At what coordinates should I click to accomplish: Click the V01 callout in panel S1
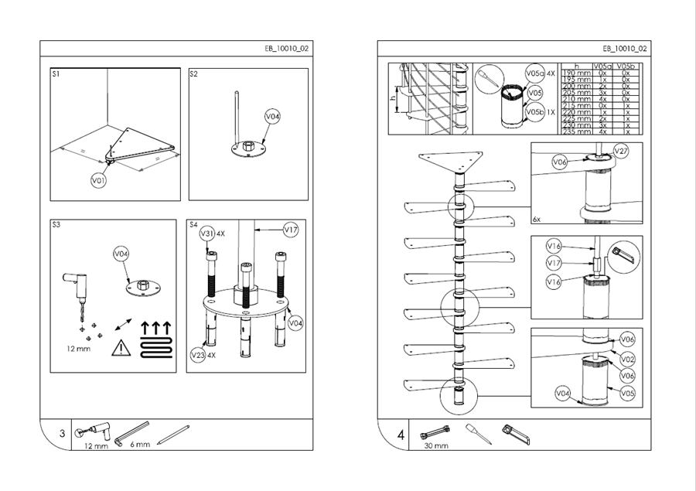(98, 180)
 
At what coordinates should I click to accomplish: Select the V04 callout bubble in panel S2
(272, 117)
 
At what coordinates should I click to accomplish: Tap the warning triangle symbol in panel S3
(121, 347)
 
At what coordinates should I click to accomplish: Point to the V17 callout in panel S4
(291, 229)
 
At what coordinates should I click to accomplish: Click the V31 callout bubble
(207, 233)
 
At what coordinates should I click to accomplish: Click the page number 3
(63, 435)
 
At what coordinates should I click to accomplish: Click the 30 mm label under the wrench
(435, 446)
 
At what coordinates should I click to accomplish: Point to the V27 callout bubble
(620, 151)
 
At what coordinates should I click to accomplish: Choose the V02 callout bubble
(627, 359)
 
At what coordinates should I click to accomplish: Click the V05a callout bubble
(534, 73)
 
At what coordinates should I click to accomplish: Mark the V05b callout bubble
(534, 111)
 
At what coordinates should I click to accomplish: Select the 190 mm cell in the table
(576, 73)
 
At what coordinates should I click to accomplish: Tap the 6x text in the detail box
(537, 219)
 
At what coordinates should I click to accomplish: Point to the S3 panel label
(56, 225)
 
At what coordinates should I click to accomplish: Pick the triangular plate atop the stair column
(449, 163)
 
